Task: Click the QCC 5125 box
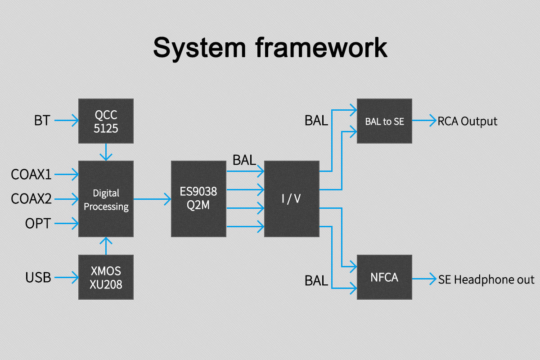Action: pos(106,121)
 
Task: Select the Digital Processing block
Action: pos(106,199)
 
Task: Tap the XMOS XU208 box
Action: pos(106,277)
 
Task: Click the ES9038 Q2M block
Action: pos(198,199)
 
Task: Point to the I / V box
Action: pos(291,199)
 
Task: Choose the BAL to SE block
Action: pos(384,121)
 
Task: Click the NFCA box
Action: pos(384,277)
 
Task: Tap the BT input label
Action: pos(42,121)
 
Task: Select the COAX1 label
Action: pos(31,174)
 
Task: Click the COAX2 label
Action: pos(31,198)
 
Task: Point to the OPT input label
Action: pos(38,223)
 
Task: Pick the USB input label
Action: pos(38,278)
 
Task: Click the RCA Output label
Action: pos(468,121)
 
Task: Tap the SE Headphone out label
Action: pos(486,279)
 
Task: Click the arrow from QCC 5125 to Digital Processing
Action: pos(106,152)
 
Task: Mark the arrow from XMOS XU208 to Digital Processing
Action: pos(106,246)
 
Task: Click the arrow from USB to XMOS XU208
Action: pos(66,278)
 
